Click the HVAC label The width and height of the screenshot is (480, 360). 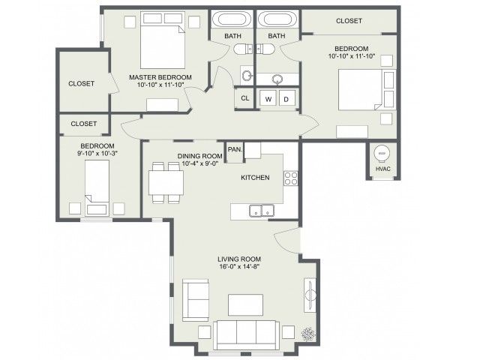(383, 169)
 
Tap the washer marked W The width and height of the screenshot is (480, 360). (268, 99)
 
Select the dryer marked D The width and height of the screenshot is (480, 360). (286, 99)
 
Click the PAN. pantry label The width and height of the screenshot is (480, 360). (235, 150)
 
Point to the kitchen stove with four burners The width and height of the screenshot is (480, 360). (290, 178)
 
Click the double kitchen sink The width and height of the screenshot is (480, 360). (262, 211)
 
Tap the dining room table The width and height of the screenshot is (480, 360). (166, 183)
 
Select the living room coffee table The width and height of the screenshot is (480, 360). (245, 305)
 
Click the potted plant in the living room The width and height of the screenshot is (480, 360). (308, 334)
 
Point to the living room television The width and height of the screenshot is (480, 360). (310, 295)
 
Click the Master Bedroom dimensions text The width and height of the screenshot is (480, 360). (160, 85)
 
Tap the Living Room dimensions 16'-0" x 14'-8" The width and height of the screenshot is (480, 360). (239, 266)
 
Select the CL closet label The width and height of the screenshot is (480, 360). (245, 98)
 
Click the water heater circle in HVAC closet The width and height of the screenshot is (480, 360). (381, 153)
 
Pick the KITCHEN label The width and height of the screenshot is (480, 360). (255, 178)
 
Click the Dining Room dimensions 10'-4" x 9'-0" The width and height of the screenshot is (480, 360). (199, 163)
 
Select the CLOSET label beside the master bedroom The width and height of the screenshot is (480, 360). (82, 83)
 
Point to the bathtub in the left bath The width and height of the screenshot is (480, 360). (231, 19)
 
